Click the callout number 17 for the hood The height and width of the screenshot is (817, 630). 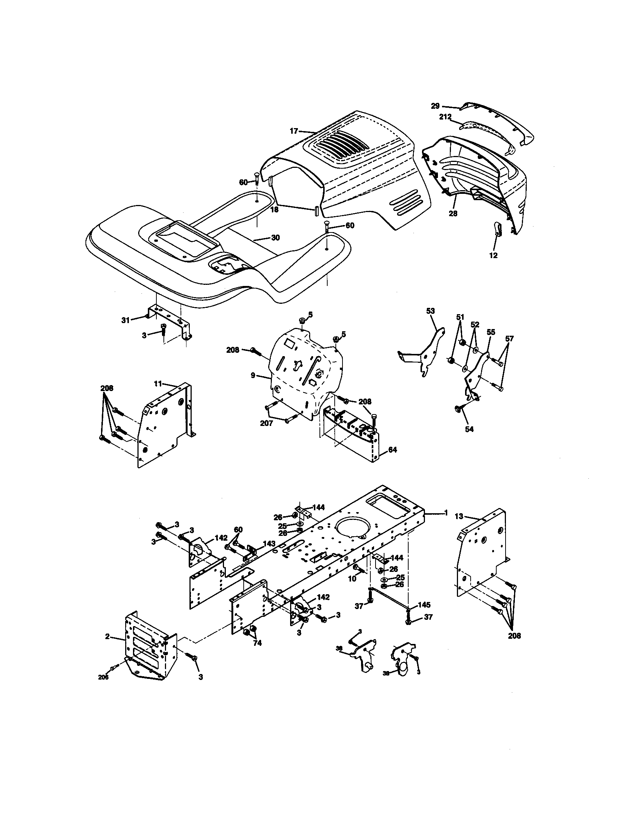(294, 131)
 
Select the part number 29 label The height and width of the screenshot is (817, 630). (435, 106)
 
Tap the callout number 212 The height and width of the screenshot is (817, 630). (445, 117)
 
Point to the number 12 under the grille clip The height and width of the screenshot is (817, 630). (493, 255)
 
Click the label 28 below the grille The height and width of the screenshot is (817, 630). (453, 214)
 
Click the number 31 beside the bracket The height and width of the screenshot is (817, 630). (125, 320)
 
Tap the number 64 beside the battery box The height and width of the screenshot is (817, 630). (392, 450)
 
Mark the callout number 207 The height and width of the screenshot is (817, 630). (266, 423)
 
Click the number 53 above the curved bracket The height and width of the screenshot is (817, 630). (431, 311)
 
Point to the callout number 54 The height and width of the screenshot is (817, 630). (469, 429)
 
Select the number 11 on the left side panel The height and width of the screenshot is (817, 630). (158, 384)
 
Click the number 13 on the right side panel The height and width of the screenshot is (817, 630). (459, 516)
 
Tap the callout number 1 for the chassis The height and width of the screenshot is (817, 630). (445, 513)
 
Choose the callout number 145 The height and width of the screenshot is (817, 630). (424, 605)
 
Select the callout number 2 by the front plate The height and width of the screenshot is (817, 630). (107, 636)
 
